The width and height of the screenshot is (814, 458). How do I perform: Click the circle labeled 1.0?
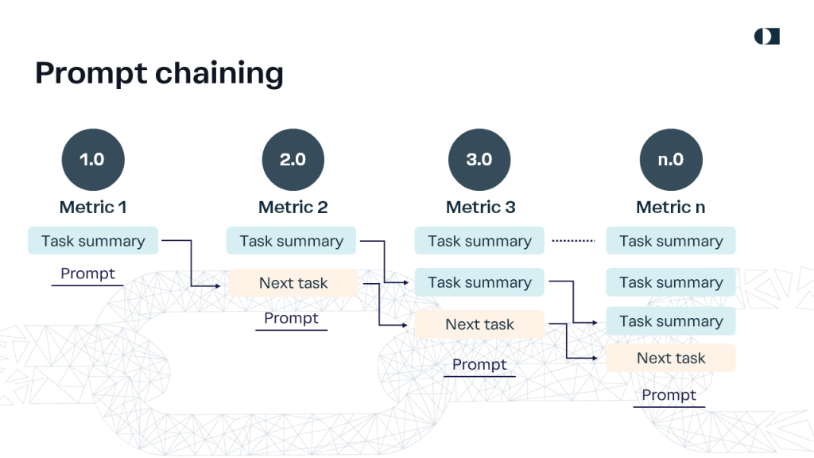click(x=93, y=159)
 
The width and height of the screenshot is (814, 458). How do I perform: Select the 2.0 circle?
click(x=293, y=159)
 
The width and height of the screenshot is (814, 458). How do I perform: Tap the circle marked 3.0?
click(x=479, y=159)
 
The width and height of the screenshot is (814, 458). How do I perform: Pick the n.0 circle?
click(x=671, y=159)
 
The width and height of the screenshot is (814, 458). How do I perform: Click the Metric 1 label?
click(x=93, y=208)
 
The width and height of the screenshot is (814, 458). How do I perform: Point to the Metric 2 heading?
click(x=293, y=208)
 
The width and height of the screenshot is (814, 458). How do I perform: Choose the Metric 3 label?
click(x=480, y=208)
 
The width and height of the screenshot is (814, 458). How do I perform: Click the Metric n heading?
click(x=671, y=208)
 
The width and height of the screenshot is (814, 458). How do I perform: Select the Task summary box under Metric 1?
click(x=93, y=240)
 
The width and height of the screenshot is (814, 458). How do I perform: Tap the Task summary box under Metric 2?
click(x=291, y=240)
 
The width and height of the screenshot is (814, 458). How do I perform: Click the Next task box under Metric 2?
click(x=293, y=283)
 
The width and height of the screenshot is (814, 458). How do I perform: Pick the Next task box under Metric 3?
click(x=479, y=324)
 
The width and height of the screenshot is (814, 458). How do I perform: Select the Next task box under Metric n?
click(x=671, y=358)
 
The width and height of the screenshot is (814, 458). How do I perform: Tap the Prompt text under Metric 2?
click(x=291, y=318)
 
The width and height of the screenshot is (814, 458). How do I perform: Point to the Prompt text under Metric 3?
click(x=479, y=364)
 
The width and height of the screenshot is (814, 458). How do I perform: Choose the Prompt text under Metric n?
click(x=669, y=395)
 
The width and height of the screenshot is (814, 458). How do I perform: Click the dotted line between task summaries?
click(x=574, y=240)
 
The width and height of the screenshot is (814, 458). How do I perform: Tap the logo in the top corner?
click(x=767, y=37)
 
